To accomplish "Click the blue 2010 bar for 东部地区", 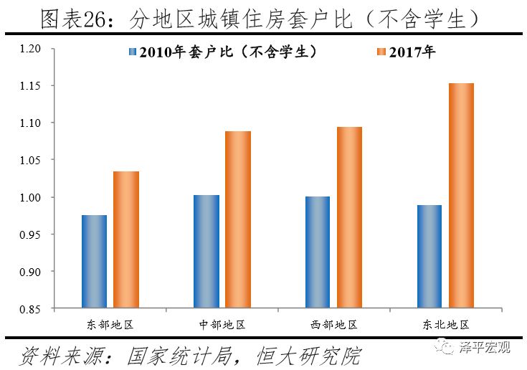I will coord(94,262).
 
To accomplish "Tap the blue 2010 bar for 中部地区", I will coord(206,252).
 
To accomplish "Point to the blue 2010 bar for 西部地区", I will coord(317,252).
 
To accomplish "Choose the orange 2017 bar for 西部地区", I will coord(349,217).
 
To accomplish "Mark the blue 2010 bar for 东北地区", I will coord(429,257).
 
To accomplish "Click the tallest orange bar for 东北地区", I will coord(461,196).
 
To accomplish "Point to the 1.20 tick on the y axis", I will coord(32,49).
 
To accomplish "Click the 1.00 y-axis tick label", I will coord(32,197).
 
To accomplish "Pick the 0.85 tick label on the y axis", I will coord(32,309).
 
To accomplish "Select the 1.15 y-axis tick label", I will coord(32,86).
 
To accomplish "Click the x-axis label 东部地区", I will coord(110,324).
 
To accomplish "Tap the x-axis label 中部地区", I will coord(222,324).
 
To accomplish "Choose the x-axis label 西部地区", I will coord(333,324).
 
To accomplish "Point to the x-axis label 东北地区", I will coord(445,324).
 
